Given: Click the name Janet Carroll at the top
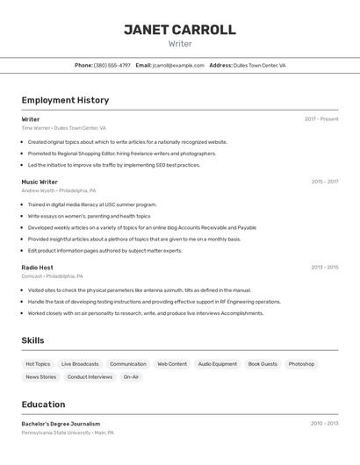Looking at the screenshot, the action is click(179, 29).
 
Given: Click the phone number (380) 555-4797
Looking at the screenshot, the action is click(112, 65).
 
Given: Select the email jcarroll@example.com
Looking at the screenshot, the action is click(178, 65).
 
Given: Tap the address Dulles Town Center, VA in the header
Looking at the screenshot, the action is click(259, 65).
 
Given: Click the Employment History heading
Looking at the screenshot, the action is click(65, 100).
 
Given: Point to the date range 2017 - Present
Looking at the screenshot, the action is click(321, 119).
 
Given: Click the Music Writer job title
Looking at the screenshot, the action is click(40, 182).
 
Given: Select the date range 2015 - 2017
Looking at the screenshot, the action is click(324, 182).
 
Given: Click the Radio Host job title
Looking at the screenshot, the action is click(37, 267).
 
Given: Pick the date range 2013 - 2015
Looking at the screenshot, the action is click(324, 267).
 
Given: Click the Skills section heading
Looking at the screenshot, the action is click(32, 340).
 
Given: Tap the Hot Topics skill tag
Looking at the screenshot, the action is click(38, 363).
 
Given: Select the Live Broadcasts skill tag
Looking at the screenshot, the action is click(80, 363).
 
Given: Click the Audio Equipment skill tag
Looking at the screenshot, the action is click(217, 363).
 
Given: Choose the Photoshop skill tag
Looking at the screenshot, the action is click(301, 363).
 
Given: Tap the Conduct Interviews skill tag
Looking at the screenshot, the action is click(90, 376).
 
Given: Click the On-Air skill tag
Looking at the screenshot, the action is click(131, 376).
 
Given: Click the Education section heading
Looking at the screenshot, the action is click(43, 404).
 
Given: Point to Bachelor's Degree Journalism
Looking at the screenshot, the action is click(61, 424).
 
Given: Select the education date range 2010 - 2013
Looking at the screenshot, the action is click(324, 423).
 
